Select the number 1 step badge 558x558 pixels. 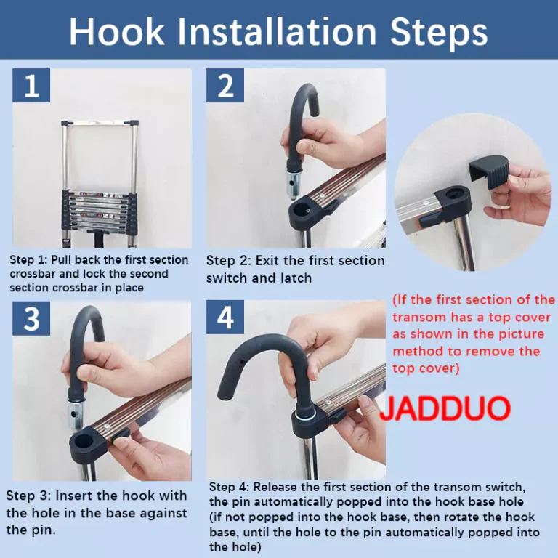(31, 86)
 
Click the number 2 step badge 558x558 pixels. (225, 86)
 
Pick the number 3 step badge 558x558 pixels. (31, 318)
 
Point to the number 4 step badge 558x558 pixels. (225, 318)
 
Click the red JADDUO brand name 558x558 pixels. (445, 408)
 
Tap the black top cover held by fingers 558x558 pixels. (489, 174)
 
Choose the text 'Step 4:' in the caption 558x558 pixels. (229, 487)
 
